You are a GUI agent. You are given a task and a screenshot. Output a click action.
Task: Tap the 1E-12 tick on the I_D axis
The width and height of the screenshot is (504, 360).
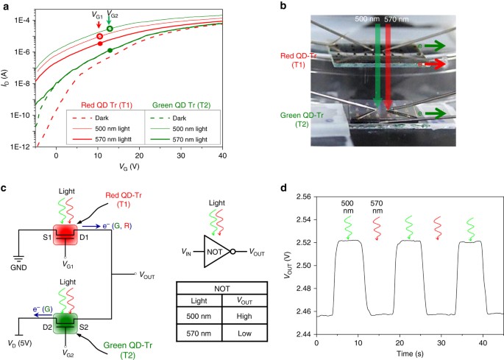tap(21, 147)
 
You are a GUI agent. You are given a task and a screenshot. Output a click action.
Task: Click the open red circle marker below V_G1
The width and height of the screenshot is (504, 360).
tap(99, 36)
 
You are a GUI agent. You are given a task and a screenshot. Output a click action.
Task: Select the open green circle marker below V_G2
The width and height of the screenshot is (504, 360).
tap(110, 29)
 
